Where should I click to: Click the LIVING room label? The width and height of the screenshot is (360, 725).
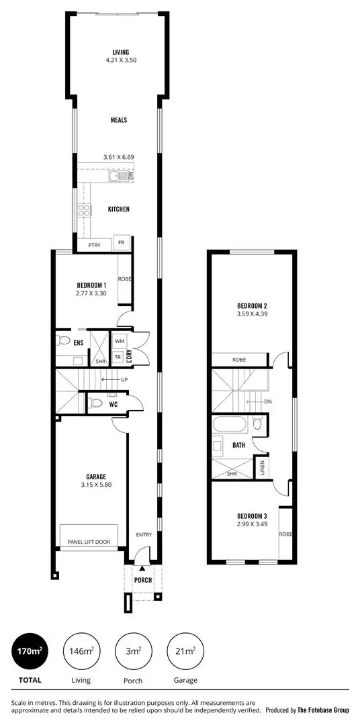tap(121, 52)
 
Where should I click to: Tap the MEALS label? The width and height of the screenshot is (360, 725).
tap(119, 120)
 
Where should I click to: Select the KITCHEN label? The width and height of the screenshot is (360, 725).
tap(119, 209)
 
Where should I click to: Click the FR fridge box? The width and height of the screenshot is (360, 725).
tap(122, 242)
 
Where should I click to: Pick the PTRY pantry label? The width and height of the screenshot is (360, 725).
tap(94, 246)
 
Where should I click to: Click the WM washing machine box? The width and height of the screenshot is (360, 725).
tap(119, 342)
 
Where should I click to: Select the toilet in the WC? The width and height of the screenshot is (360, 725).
tap(95, 403)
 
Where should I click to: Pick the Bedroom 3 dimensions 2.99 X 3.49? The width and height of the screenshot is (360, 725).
tap(252, 524)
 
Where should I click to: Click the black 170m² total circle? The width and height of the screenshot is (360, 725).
tap(30, 651)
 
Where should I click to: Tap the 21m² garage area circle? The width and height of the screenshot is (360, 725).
tap(185, 651)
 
